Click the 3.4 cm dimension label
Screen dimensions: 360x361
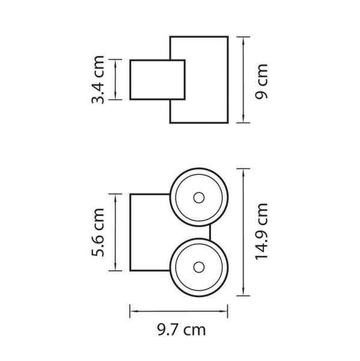click(x=98, y=79)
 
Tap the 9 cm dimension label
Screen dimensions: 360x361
click(x=262, y=81)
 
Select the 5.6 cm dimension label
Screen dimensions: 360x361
click(x=98, y=232)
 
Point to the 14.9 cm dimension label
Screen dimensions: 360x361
click(x=262, y=232)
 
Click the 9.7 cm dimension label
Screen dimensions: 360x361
click(x=182, y=330)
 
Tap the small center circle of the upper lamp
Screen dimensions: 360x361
click(x=199, y=197)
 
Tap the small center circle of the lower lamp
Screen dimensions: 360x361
click(x=199, y=267)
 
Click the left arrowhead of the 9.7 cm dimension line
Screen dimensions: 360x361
click(x=134, y=311)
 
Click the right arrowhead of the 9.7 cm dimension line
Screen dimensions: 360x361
click(x=224, y=311)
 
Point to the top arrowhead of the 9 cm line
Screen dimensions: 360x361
click(x=243, y=40)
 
